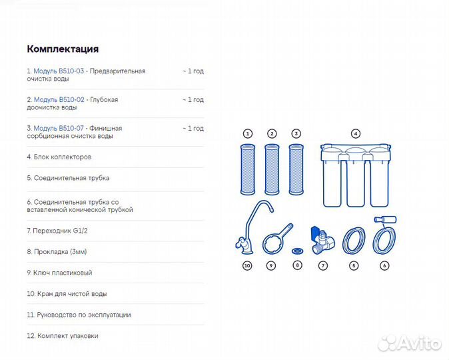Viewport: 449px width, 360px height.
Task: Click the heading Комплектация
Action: point(63,49)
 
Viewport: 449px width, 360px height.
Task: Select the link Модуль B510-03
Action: point(59,71)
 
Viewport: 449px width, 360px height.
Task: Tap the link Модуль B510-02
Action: point(59,99)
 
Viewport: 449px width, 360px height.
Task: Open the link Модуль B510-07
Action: point(59,128)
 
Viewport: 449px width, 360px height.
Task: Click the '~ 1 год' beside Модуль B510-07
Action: point(193,128)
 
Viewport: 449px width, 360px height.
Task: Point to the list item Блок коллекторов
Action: point(59,157)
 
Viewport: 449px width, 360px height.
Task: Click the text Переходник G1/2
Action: point(57,231)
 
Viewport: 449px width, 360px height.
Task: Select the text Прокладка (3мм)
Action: point(57,251)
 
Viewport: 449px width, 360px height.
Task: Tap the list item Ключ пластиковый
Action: point(59,273)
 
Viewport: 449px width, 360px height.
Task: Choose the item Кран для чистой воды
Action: point(67,294)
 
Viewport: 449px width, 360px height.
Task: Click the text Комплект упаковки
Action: point(63,335)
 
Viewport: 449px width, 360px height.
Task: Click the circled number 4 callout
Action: point(356,133)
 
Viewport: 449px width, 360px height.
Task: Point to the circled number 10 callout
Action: point(247,266)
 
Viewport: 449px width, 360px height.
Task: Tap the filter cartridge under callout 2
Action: point(272,170)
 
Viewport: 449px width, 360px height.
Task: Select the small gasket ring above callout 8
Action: point(297,251)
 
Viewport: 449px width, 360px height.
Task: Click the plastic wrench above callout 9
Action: point(276,240)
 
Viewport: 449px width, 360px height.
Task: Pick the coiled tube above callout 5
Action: point(354,240)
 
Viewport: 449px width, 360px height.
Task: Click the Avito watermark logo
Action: point(410,343)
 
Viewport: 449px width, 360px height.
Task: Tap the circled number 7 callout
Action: point(322,266)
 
